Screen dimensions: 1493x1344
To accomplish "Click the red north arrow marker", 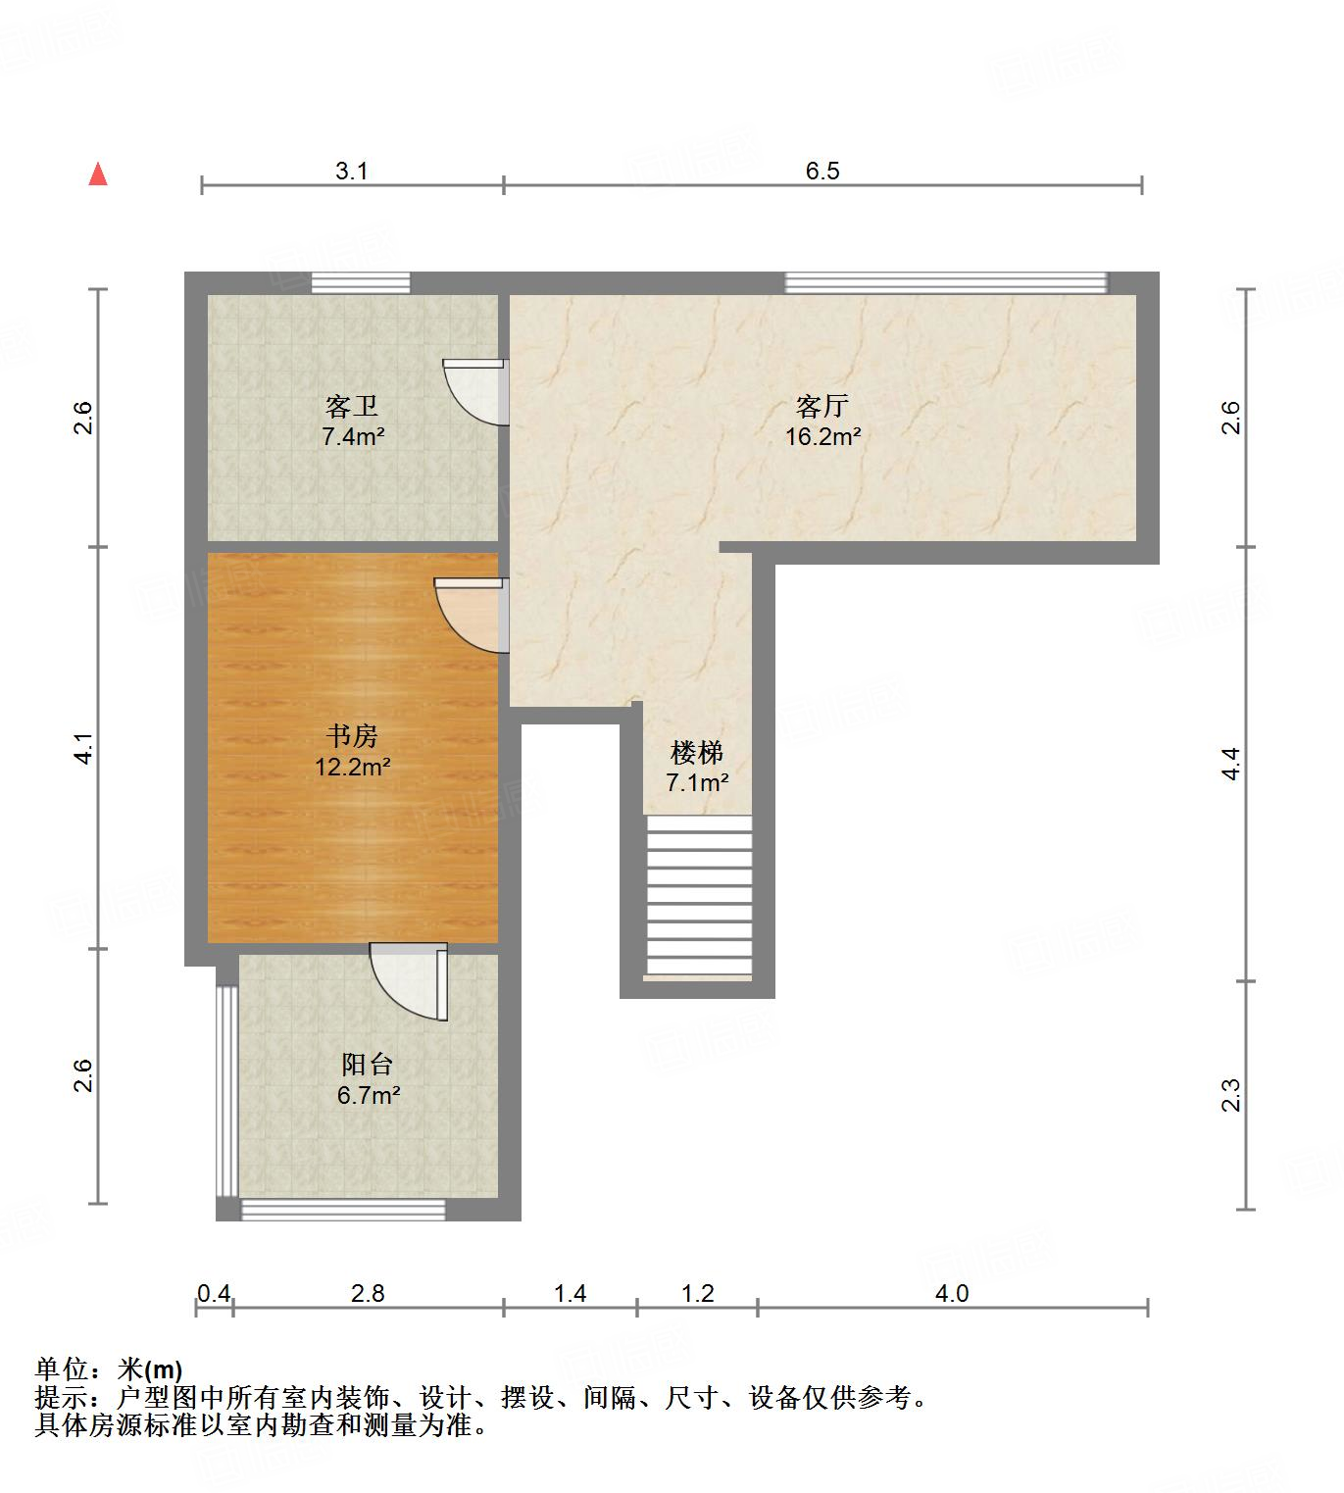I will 98,174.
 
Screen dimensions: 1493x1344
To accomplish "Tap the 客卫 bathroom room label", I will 352,406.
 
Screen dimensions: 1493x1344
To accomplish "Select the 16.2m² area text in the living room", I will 822,437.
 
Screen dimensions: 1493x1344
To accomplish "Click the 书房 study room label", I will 352,735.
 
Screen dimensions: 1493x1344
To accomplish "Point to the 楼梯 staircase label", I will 697,753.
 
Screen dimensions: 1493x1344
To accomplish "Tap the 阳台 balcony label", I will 368,1064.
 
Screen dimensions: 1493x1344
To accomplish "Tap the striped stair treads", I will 698,897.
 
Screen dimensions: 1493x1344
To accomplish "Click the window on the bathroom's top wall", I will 360,282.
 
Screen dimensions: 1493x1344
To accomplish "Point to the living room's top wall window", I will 945,282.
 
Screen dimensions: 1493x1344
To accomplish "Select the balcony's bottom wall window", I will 343,1211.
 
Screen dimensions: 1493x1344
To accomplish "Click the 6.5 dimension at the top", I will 822,171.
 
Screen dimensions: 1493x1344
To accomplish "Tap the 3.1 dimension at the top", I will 352,171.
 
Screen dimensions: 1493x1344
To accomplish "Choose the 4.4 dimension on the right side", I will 1231,764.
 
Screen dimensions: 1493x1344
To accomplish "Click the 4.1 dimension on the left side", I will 85,748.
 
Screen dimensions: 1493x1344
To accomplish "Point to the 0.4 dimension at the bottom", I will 214,1294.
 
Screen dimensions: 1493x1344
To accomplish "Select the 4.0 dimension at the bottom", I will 951,1294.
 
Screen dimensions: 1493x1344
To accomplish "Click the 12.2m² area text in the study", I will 352,767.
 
